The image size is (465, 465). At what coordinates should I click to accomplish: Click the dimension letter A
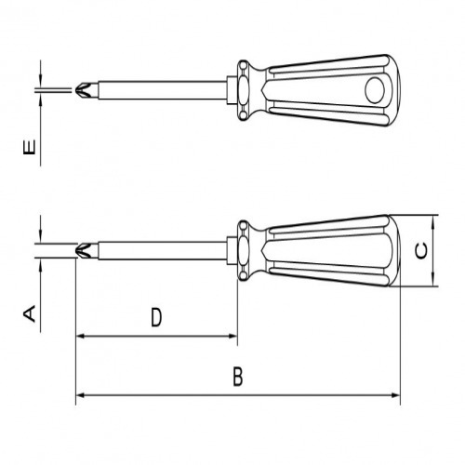pyautogui.click(x=29, y=313)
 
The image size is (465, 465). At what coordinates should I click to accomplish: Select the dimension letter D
pyautogui.click(x=156, y=317)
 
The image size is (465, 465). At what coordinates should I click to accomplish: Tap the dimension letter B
pyautogui.click(x=237, y=377)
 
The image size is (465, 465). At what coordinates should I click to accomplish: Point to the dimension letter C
pyautogui.click(x=419, y=250)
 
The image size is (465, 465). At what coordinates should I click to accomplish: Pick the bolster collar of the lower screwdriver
pyautogui.click(x=245, y=250)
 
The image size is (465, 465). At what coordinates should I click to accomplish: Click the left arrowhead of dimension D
pyautogui.click(x=80, y=336)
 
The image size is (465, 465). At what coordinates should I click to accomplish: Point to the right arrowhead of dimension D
pyautogui.click(x=233, y=336)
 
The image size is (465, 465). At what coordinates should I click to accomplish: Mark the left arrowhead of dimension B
pyautogui.click(x=80, y=395)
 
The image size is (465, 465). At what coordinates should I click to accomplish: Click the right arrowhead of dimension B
pyautogui.click(x=396, y=395)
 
